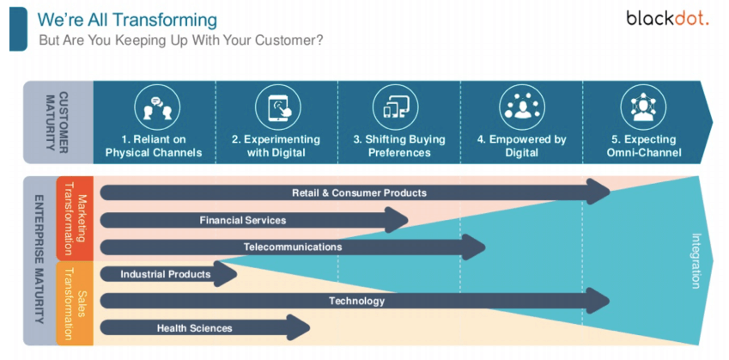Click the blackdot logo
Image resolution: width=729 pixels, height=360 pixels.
[667, 19]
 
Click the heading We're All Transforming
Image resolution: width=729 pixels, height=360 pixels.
[127, 20]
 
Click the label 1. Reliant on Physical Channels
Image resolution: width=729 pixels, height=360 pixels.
[154, 146]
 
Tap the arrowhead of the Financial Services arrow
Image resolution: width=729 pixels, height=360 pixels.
[397, 220]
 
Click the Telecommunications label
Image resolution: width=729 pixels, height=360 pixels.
[293, 247]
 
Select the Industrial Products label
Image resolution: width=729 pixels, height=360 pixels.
[166, 274]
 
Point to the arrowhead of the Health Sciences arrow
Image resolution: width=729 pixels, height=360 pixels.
[299, 327]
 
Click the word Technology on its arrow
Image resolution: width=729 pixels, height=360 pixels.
[357, 301]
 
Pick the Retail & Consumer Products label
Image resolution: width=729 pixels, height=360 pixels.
[360, 192]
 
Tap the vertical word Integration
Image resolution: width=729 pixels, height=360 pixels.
[696, 261]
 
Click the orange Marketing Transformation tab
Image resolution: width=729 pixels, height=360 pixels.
[75, 218]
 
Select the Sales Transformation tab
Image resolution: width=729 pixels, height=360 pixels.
[75, 303]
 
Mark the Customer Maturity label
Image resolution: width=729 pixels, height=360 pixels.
[58, 122]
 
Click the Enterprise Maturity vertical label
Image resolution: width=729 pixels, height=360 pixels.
[39, 260]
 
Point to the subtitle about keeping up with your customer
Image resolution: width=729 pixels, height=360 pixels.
[181, 40]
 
